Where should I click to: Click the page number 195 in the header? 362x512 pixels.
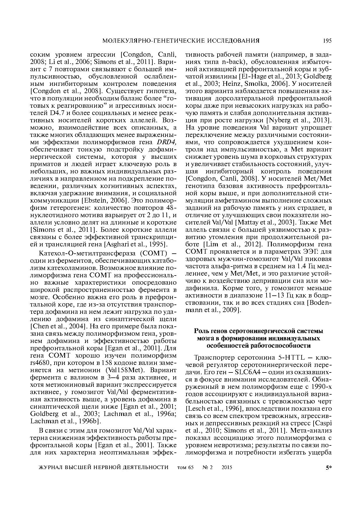tap(327, 41)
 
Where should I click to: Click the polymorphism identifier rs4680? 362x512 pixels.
tap(40, 363)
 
